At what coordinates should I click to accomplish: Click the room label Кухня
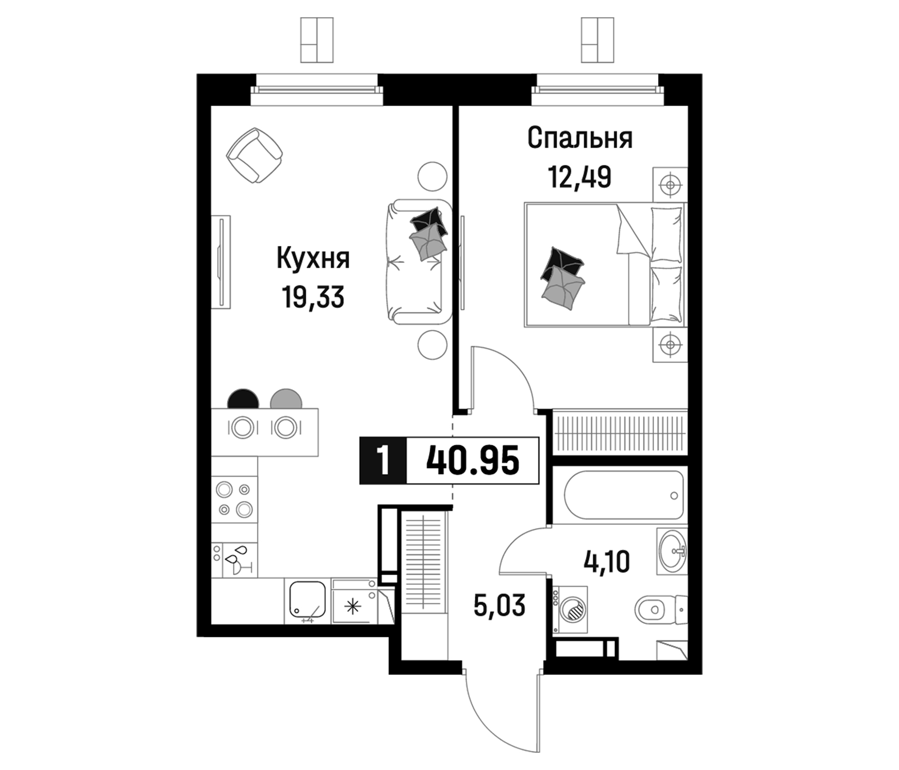pyautogui.click(x=313, y=259)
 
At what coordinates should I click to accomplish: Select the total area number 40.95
pyautogui.click(x=473, y=460)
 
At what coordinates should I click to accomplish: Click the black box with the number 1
pyautogui.click(x=383, y=460)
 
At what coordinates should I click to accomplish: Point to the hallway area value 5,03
pyautogui.click(x=500, y=605)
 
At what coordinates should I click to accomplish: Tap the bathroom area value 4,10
pyautogui.click(x=607, y=563)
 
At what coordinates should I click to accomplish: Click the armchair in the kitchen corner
pyautogui.click(x=254, y=155)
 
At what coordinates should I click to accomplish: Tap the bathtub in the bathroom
pyautogui.click(x=624, y=495)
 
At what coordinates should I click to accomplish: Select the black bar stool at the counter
pyautogui.click(x=243, y=399)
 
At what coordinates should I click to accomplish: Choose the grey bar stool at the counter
pyautogui.click(x=286, y=399)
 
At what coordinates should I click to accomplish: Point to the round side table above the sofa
pyautogui.click(x=432, y=176)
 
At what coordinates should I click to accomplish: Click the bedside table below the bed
pyautogui.click(x=670, y=345)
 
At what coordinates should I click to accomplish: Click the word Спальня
pyautogui.click(x=580, y=139)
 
